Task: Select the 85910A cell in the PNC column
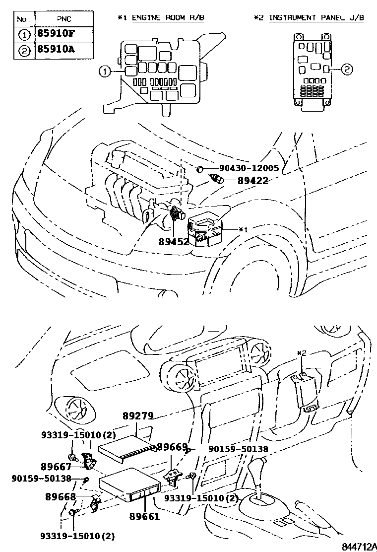point(56,50)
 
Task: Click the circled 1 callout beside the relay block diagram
point(104,71)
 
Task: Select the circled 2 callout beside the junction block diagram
point(346,69)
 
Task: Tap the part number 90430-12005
point(242,168)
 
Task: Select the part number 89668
point(61,496)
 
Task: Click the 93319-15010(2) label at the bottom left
point(77,536)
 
